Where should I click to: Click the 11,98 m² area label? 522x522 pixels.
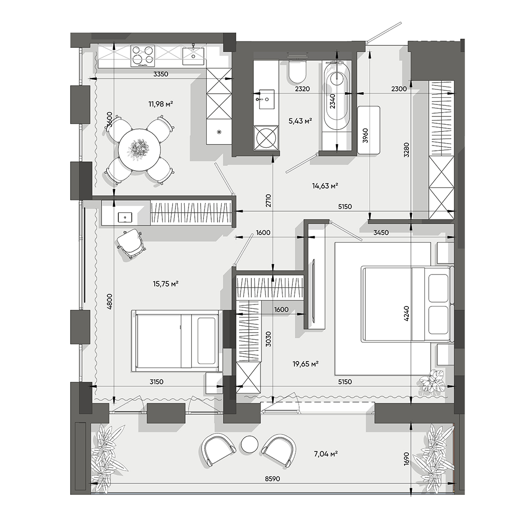[x=160, y=103]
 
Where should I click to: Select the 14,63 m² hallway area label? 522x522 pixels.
[x=324, y=185]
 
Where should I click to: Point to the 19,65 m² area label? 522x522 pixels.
[x=304, y=364]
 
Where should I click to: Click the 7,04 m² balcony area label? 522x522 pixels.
[x=324, y=453]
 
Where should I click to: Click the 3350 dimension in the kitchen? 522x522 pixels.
[x=160, y=74]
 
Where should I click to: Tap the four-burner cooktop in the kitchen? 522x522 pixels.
[x=143, y=55]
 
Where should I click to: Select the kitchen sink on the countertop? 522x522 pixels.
[x=194, y=56]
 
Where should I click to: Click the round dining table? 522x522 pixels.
[x=140, y=149]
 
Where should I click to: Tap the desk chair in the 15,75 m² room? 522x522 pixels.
[x=131, y=243]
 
